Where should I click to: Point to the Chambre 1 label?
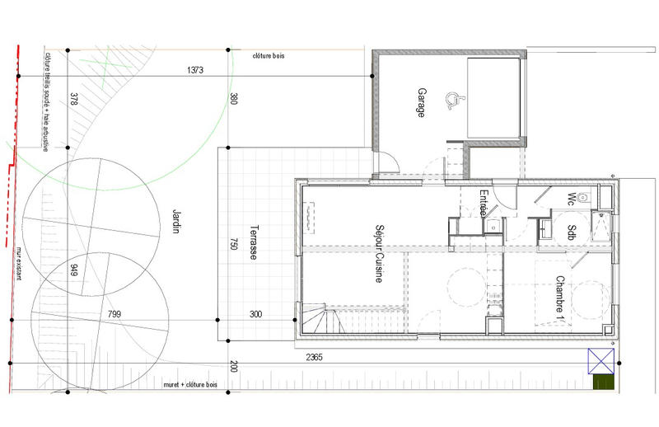tap(559, 298)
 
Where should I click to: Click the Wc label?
tap(571, 198)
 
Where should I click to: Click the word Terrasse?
tap(255, 243)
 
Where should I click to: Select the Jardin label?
tap(175, 220)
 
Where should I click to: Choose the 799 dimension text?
tap(115, 314)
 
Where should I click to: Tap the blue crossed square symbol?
tap(600, 360)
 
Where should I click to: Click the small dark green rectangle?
tap(604, 382)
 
